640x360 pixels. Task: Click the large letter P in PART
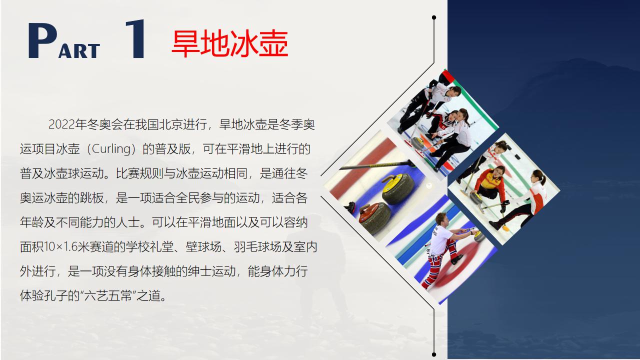point(42,41)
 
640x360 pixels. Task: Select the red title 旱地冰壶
point(229,43)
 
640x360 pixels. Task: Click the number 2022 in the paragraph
point(61,124)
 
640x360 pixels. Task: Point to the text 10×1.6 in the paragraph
point(61,247)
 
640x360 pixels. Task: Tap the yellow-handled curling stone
point(397,189)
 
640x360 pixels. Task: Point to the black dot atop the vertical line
point(434,17)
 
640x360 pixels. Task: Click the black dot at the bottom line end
point(434,354)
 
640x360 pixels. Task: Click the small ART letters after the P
point(79,51)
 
